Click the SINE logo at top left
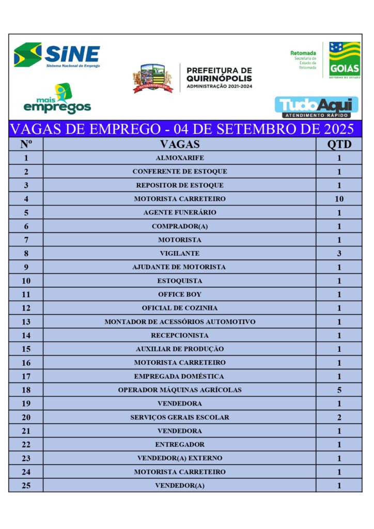coord(57,55)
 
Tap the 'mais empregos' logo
coord(57,99)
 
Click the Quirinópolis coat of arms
coord(152,78)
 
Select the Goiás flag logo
coord(345,60)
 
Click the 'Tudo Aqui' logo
coord(316,107)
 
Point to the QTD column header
coord(339,144)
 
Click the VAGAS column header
coord(179,144)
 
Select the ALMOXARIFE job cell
coord(179,158)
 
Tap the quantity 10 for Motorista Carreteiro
coord(339,199)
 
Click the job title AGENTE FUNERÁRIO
coord(179,212)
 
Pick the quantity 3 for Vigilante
coord(339,254)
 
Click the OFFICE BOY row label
coord(179,294)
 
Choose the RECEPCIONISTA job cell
coord(179,335)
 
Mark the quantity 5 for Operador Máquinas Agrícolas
coord(339,390)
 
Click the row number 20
coord(26,417)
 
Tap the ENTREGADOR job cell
coord(179,444)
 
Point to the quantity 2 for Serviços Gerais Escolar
coord(339,417)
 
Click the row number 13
coord(26,322)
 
